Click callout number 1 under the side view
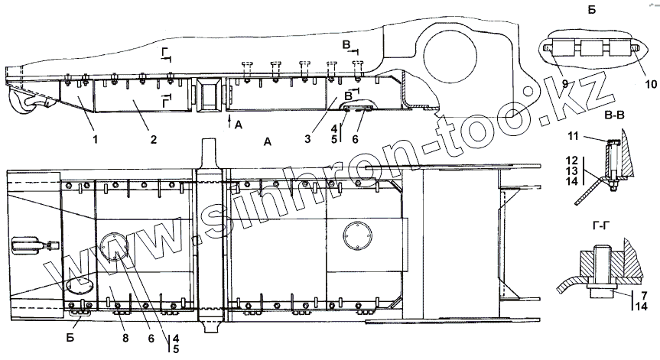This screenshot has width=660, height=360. [96, 139]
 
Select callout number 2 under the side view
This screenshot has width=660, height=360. [154, 139]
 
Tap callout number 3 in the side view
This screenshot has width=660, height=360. [307, 138]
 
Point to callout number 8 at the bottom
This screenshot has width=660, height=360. [125, 338]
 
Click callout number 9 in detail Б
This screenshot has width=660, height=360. [566, 83]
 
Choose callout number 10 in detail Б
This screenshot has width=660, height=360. [651, 84]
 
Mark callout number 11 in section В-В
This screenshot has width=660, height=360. [573, 136]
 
